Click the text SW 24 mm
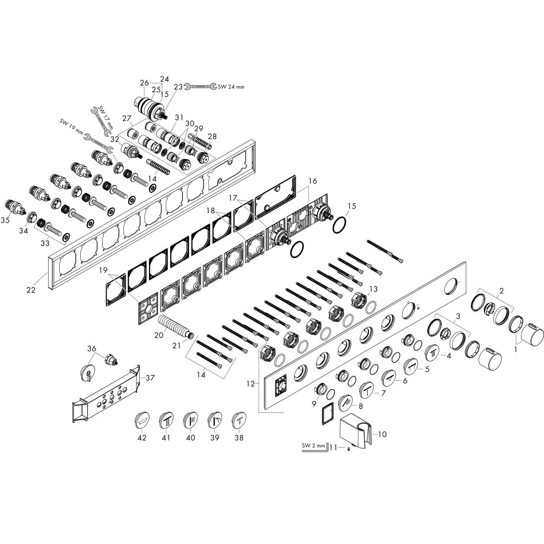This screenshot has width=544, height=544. (231, 87)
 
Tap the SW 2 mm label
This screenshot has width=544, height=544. (313, 445)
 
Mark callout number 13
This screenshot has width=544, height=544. (373, 289)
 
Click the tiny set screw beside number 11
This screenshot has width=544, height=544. (348, 449)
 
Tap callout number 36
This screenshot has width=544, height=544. (91, 348)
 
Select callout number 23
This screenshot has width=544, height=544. (178, 87)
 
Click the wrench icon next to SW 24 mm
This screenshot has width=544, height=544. (201, 86)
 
